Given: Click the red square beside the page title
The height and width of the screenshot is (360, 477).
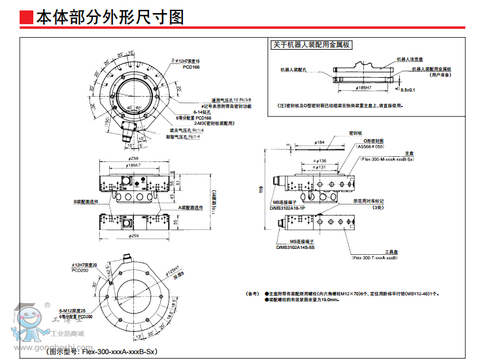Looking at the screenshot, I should pos(27,17).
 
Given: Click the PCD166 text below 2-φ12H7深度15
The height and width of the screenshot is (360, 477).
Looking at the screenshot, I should pos(191,67).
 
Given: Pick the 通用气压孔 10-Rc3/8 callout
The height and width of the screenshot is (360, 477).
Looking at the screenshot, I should pos(226,99).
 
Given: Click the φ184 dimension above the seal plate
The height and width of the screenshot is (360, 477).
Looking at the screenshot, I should pos(320,142).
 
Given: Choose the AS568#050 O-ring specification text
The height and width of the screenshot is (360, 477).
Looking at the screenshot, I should pos(371,146).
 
